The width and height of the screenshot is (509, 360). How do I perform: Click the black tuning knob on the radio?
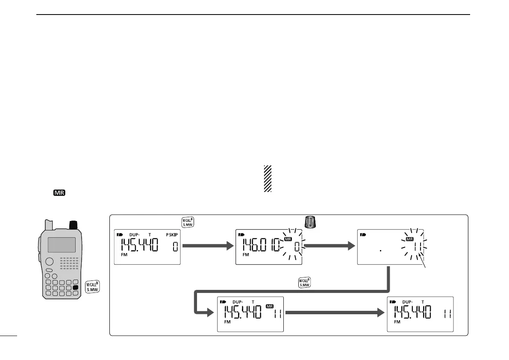pyautogui.click(x=74, y=224)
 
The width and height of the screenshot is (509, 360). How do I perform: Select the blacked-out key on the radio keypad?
pyautogui.click(x=76, y=288)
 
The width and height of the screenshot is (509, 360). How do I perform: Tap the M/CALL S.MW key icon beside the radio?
pyautogui.click(x=92, y=287)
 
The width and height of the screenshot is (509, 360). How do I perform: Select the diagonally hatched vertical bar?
pyautogui.click(x=268, y=179)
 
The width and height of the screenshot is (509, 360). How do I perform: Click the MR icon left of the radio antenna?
pyautogui.click(x=59, y=193)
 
